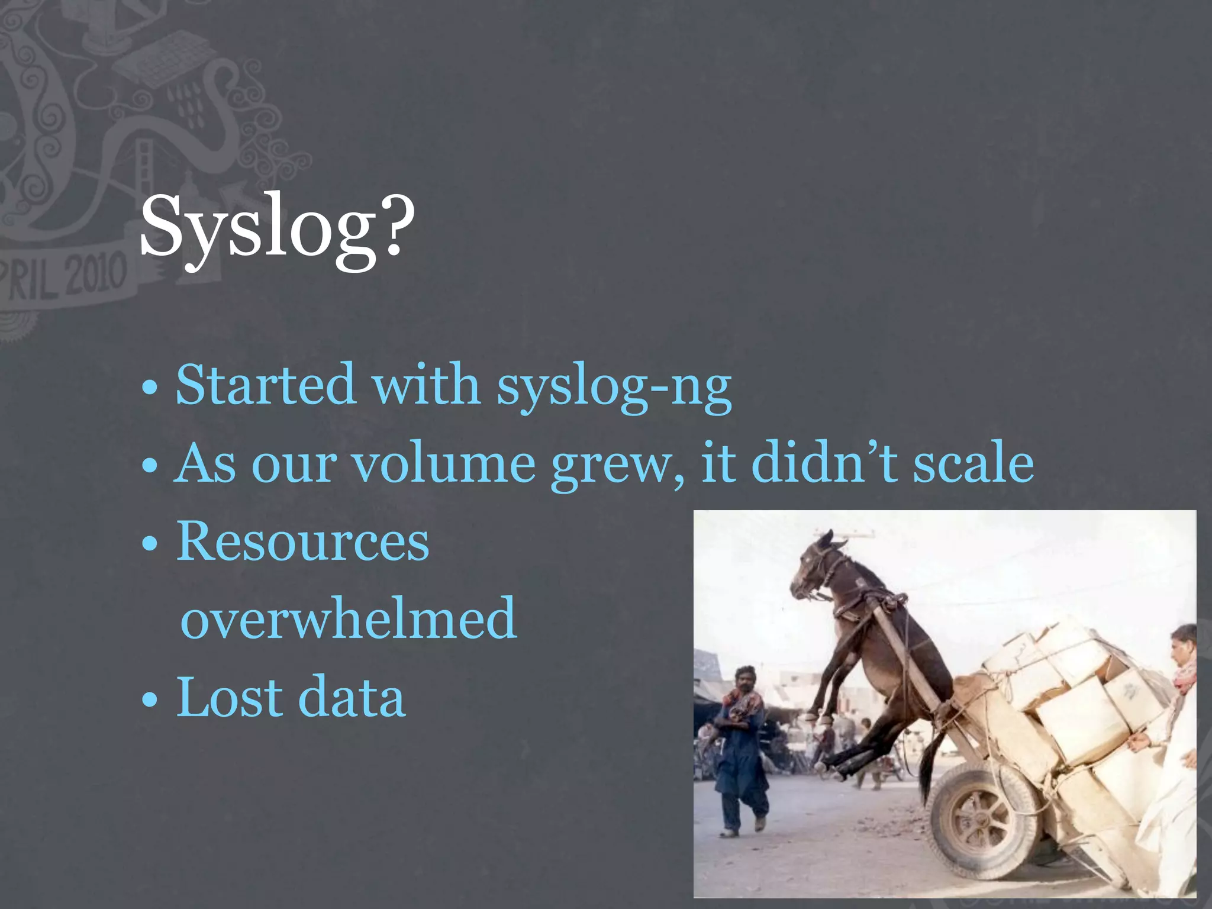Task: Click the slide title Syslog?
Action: (x=277, y=228)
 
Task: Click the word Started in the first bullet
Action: (x=265, y=385)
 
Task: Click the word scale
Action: (x=974, y=463)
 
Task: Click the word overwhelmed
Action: (x=349, y=618)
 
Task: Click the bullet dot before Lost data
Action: (x=150, y=701)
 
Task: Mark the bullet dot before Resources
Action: (x=150, y=544)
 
